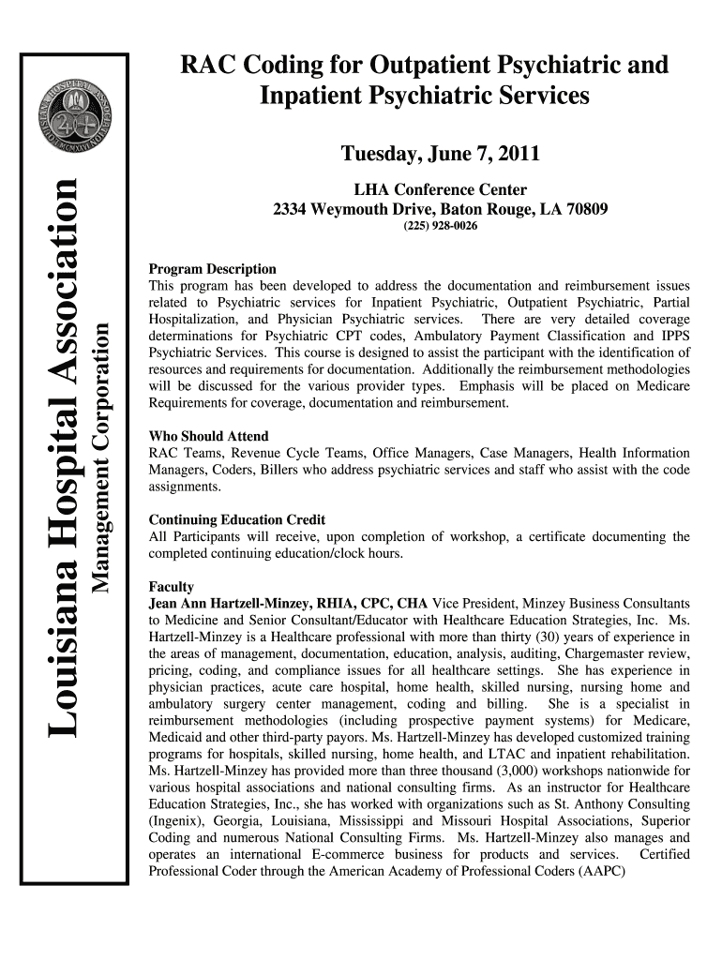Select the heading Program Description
click(x=213, y=269)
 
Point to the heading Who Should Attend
click(x=209, y=436)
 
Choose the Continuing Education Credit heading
click(x=237, y=519)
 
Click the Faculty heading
click(x=172, y=587)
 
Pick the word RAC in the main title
click(x=209, y=66)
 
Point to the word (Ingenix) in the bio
click(x=178, y=820)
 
